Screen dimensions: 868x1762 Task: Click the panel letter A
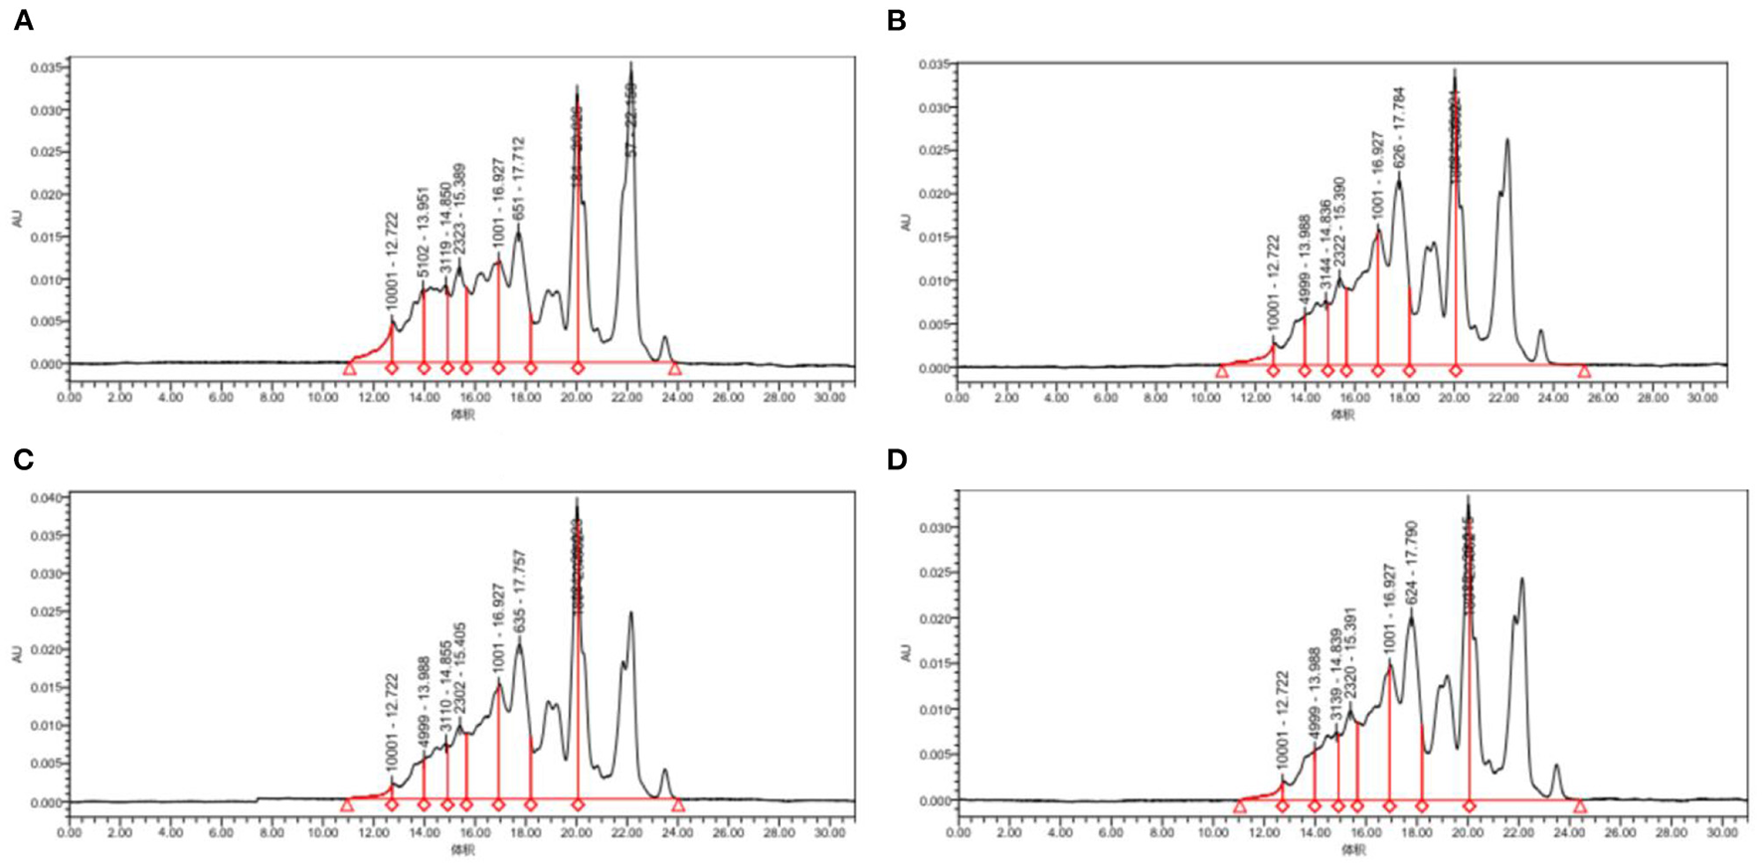click(x=23, y=21)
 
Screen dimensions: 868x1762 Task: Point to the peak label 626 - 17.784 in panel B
click(x=1399, y=128)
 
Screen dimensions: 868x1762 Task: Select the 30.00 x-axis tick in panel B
click(x=1703, y=398)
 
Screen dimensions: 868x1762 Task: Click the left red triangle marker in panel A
click(x=349, y=369)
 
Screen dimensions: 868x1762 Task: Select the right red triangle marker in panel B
click(x=1584, y=372)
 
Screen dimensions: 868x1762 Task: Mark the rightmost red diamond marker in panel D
click(x=1469, y=806)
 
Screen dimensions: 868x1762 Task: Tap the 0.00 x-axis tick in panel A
click(x=70, y=397)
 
